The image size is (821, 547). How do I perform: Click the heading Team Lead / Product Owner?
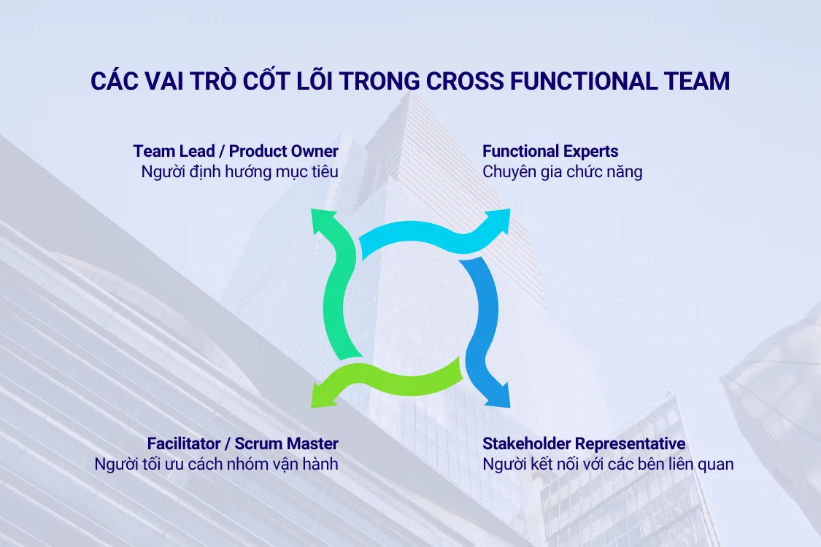(x=236, y=151)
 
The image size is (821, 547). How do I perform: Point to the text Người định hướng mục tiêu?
(x=239, y=173)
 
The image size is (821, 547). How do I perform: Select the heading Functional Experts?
(x=550, y=151)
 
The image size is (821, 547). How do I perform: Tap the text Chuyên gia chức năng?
(x=562, y=173)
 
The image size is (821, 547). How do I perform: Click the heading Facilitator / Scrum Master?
(x=242, y=443)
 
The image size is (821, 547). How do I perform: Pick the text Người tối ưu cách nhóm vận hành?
(x=216, y=464)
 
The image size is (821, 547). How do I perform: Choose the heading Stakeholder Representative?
(x=584, y=443)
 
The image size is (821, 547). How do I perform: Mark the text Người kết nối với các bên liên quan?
(x=608, y=464)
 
